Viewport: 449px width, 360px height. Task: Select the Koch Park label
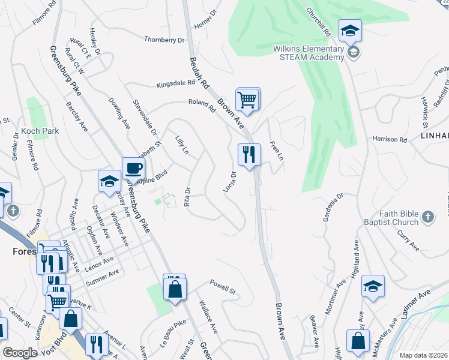[x=38, y=131]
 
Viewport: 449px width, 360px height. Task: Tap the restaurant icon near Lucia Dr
[x=249, y=155]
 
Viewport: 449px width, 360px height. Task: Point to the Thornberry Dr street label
[x=164, y=40]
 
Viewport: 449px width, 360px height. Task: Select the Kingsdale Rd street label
[x=176, y=84]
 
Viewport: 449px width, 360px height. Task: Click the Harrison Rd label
[x=390, y=139]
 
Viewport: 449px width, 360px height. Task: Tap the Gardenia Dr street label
[x=333, y=207]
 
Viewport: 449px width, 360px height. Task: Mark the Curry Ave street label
[x=408, y=238]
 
